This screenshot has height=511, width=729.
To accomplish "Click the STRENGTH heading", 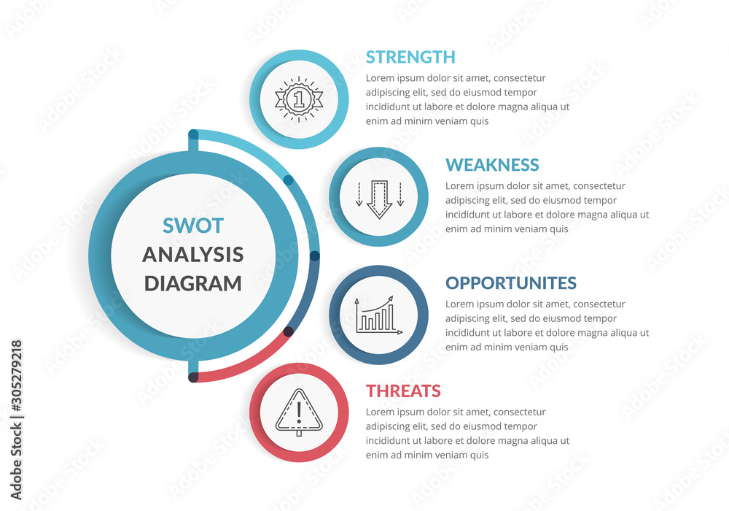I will (x=410, y=57).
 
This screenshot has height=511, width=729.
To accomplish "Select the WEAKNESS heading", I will (x=492, y=165).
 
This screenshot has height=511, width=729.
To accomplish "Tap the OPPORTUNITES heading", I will (x=511, y=283).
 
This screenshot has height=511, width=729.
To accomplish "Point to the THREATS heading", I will (x=403, y=391).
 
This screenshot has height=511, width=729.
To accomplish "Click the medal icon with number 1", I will (x=298, y=99).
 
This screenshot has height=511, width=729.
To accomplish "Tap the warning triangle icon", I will (x=298, y=413).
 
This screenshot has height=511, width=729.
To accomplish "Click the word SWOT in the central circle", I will (x=193, y=226).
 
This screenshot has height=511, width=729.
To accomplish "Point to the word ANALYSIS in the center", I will (x=193, y=255).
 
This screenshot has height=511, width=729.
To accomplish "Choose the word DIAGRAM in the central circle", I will (x=193, y=283).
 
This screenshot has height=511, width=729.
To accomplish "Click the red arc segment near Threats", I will (x=248, y=364).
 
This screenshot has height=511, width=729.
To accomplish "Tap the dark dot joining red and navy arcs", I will (x=288, y=331).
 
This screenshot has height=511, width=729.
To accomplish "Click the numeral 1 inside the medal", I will (x=297, y=98).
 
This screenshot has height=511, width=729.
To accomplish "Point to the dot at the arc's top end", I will (x=193, y=134).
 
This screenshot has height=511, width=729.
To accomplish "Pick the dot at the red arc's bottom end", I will (x=193, y=377).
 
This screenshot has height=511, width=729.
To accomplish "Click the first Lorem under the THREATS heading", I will (x=380, y=412).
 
